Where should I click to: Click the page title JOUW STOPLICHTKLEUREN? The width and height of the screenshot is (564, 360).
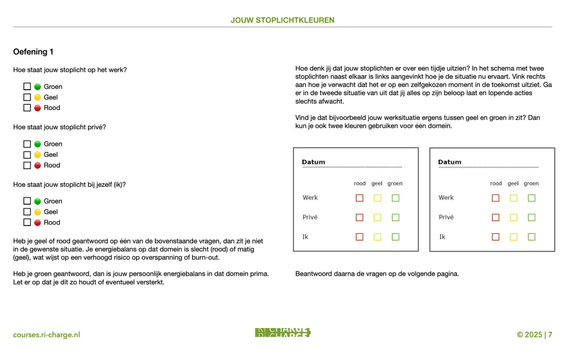(282, 20)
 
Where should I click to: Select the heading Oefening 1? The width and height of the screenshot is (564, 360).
(37, 52)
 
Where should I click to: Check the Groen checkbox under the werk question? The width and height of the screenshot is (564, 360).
(27, 86)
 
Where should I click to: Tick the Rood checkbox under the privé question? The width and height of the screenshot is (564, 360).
(27, 165)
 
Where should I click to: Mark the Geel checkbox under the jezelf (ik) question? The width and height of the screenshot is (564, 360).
(27, 212)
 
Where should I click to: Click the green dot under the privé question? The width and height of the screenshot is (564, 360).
(38, 144)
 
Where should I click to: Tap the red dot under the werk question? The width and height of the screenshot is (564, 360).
(38, 108)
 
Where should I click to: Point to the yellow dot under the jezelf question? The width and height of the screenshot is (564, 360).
(38, 212)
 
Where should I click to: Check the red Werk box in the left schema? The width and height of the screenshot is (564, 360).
(360, 198)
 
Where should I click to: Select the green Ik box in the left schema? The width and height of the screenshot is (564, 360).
(395, 237)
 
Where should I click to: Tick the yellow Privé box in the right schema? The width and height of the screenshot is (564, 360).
(513, 218)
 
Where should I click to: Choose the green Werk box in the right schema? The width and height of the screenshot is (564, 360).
(532, 198)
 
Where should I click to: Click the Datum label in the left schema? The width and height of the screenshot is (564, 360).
(313, 162)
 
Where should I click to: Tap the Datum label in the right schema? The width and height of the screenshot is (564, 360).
(450, 162)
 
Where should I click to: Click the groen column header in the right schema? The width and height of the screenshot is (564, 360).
(531, 184)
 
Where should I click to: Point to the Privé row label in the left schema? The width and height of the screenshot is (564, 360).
(310, 217)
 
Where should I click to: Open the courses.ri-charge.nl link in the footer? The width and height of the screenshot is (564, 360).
(47, 335)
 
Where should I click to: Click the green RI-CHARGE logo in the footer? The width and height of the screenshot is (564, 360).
(282, 333)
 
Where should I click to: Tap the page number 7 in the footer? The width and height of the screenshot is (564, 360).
(550, 335)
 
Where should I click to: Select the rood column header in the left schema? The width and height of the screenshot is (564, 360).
(360, 184)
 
